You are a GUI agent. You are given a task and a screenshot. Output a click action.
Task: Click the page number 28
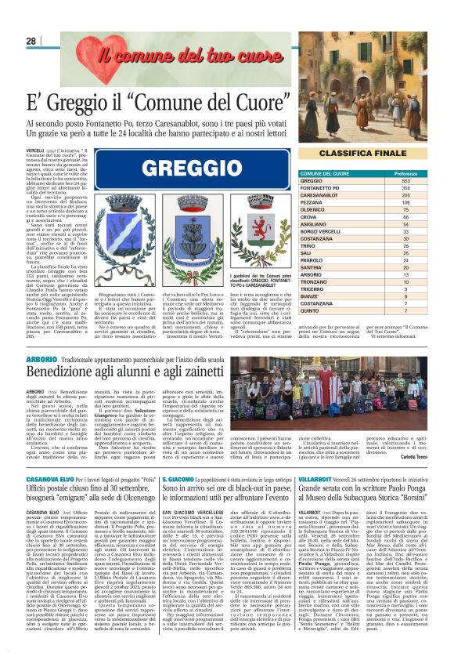[x=31, y=41]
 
